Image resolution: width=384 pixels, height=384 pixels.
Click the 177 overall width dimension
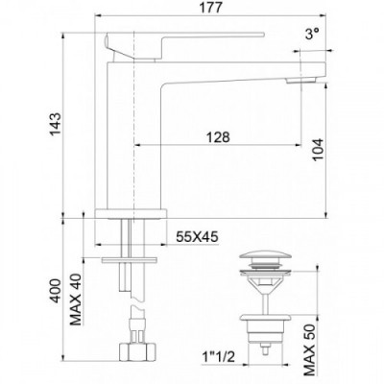click(x=211, y=8)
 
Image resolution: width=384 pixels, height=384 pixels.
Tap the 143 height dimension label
click(x=55, y=124)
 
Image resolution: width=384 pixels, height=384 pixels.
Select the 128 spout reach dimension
click(x=218, y=137)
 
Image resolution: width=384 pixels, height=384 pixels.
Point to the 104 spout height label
click(x=318, y=150)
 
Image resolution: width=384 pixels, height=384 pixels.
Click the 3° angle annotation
click(x=312, y=34)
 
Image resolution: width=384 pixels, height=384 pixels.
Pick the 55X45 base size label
click(x=197, y=237)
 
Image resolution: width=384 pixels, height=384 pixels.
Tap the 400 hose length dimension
click(x=55, y=291)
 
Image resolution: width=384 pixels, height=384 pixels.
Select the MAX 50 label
click(x=310, y=349)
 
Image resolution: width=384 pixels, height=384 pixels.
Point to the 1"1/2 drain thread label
click(x=218, y=357)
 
